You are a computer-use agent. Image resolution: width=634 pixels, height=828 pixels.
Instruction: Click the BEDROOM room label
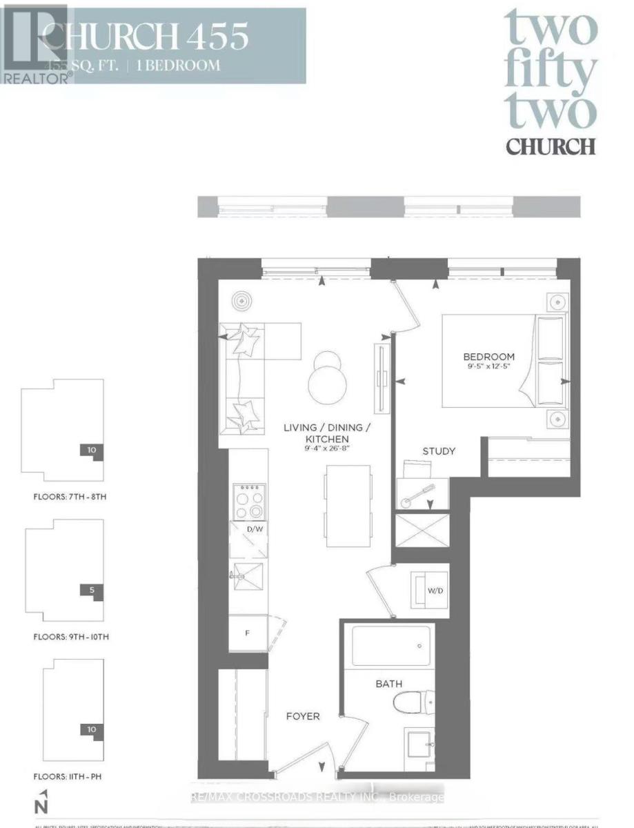pyautogui.click(x=488, y=356)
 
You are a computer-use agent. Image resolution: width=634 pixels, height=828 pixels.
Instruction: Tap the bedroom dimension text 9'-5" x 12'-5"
pyautogui.click(x=488, y=367)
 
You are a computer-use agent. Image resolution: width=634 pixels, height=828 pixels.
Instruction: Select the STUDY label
pyautogui.click(x=439, y=451)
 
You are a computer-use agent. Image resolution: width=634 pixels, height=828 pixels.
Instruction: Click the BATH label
pyautogui.click(x=389, y=683)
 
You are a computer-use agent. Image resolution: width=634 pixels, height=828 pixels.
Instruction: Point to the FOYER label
pyautogui.click(x=303, y=716)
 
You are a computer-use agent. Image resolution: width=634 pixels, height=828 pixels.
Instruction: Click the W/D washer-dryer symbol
pyautogui.click(x=428, y=591)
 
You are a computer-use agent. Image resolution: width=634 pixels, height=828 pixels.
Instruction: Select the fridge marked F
pyautogui.click(x=247, y=631)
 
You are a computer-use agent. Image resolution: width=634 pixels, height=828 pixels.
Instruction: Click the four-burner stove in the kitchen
pyautogui.click(x=248, y=500)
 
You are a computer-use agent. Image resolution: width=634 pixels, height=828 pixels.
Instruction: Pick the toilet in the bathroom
pyautogui.click(x=411, y=704)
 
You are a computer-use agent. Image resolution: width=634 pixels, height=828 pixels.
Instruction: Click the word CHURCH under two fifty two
pyautogui.click(x=550, y=146)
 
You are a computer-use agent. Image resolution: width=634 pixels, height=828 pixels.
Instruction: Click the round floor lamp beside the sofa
pyautogui.click(x=242, y=301)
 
